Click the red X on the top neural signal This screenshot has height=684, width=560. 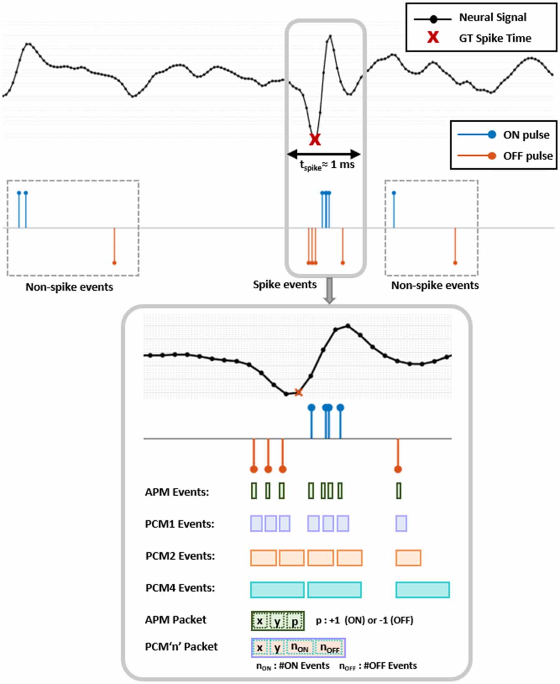tap(315, 139)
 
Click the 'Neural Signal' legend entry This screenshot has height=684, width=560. tap(492, 18)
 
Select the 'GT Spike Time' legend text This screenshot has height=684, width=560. tap(495, 39)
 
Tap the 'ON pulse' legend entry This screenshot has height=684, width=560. tap(526, 135)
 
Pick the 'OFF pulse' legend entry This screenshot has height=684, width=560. tap(527, 156)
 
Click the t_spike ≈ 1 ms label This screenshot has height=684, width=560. tap(327, 165)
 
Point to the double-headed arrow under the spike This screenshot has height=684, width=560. tap(324, 154)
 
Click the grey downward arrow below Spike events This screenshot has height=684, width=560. tap(329, 291)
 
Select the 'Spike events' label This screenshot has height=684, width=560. tap(285, 284)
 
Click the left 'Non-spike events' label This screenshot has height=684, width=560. tap(69, 287)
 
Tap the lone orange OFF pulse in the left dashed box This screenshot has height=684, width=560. tap(114, 262)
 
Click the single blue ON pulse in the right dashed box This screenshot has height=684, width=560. tap(394, 193)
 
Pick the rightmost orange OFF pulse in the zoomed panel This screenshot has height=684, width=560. tap(398, 469)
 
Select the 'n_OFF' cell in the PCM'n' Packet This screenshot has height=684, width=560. tap(329, 648)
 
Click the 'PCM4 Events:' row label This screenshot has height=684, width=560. tap(180, 588)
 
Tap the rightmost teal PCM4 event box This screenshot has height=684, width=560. tap(422, 590)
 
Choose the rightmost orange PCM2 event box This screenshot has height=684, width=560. tap(408, 558)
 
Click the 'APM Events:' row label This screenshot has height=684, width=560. tap(177, 492)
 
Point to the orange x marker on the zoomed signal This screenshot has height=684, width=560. tap(299, 392)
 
